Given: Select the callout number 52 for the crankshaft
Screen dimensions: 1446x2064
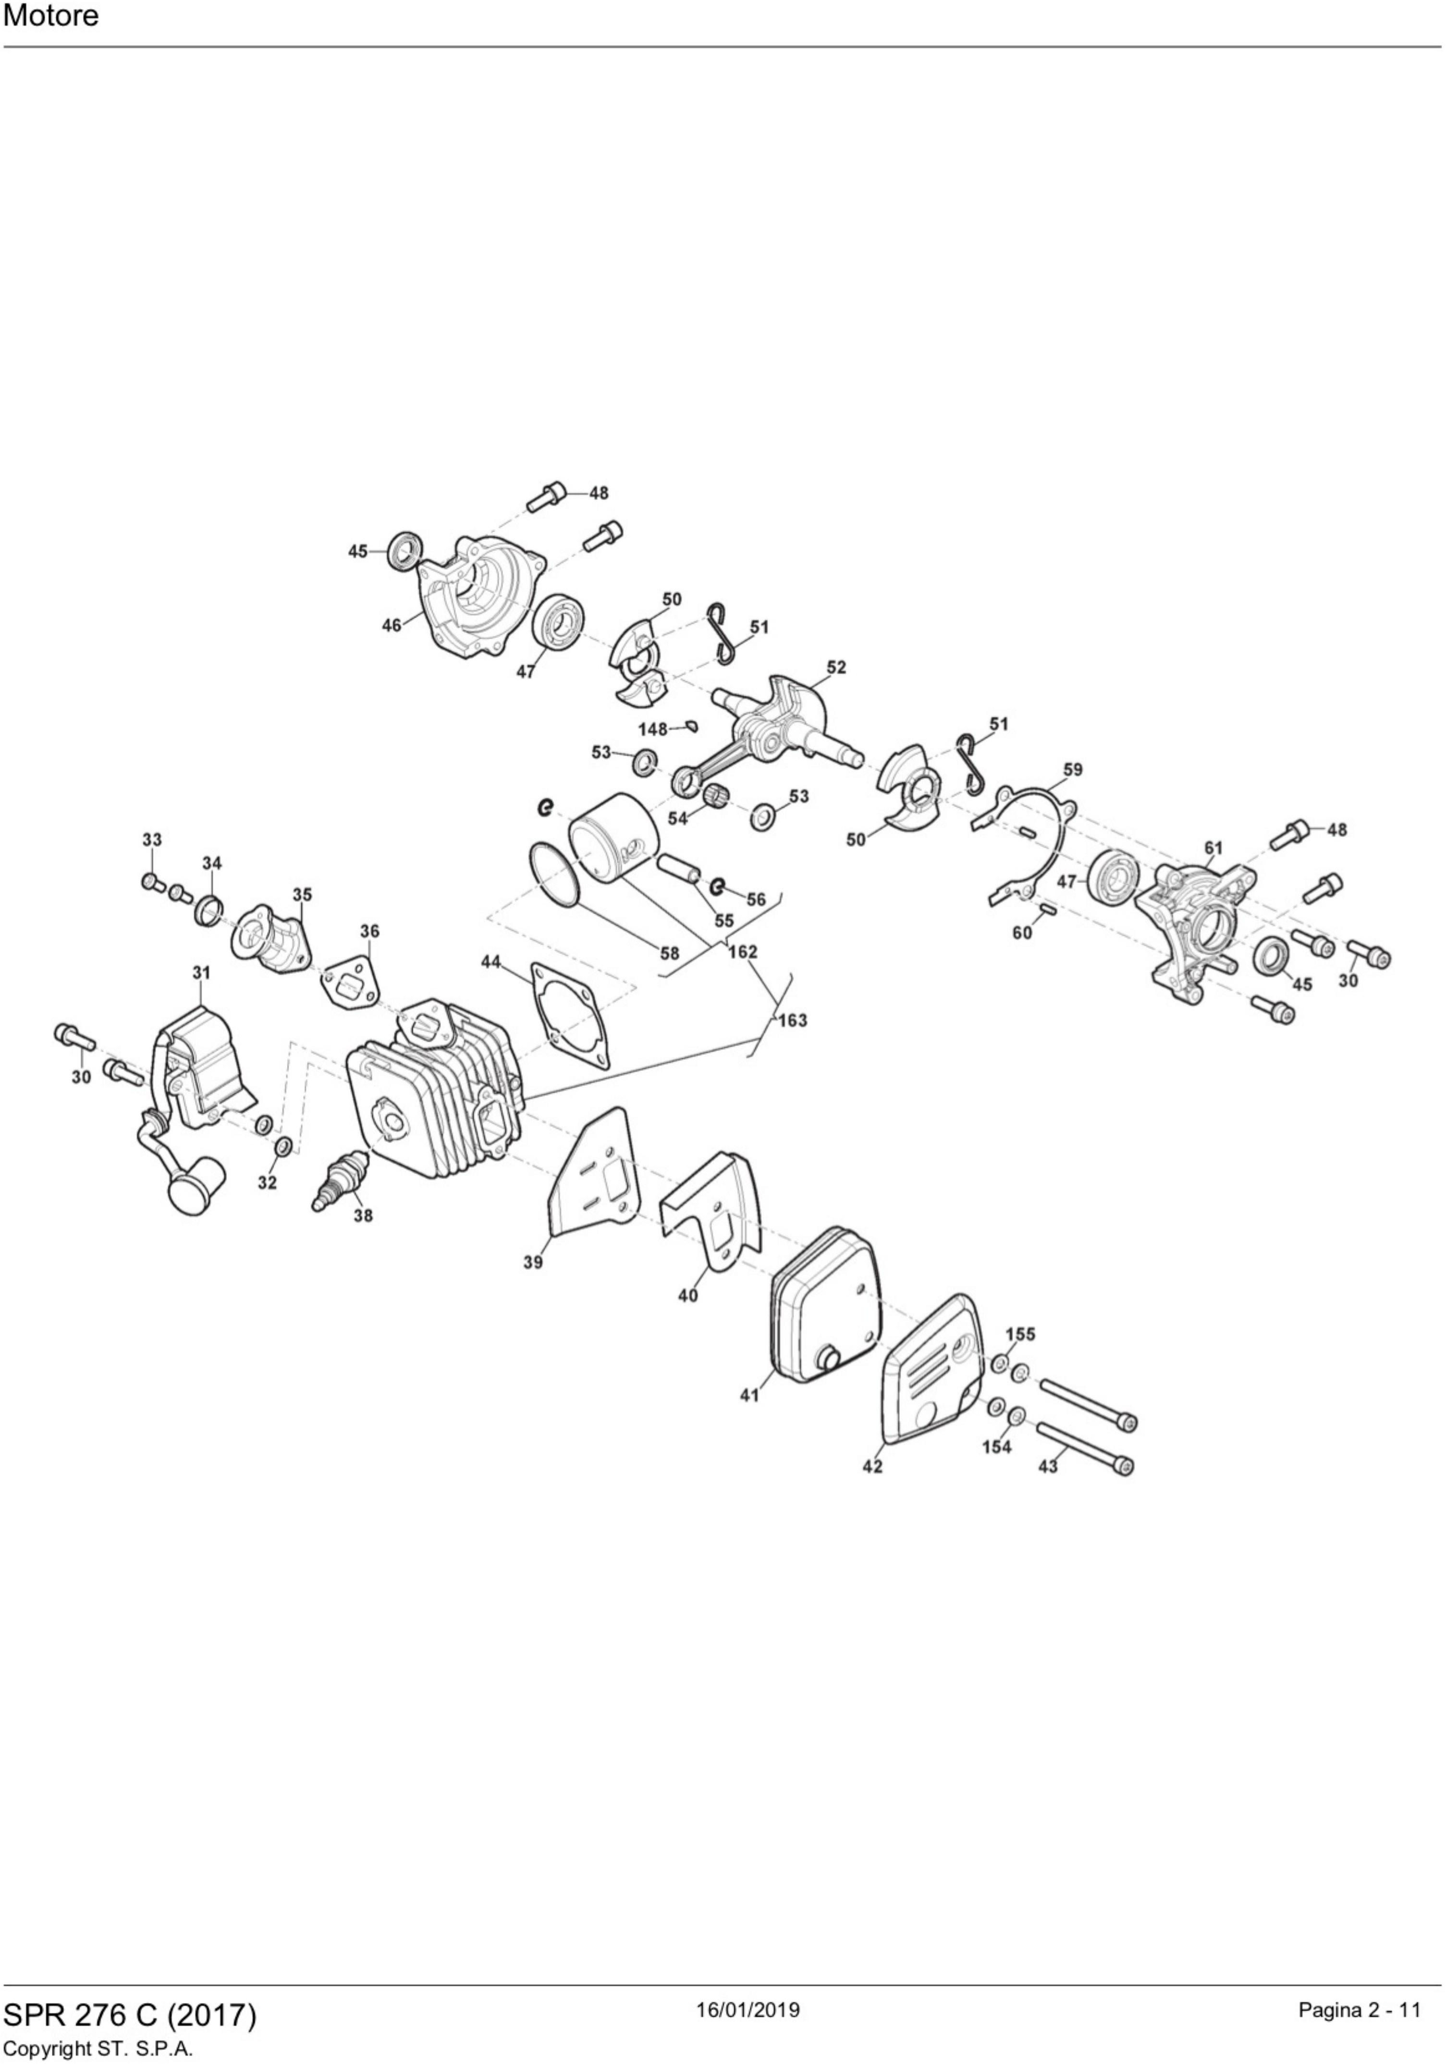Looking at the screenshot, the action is [836, 667].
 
